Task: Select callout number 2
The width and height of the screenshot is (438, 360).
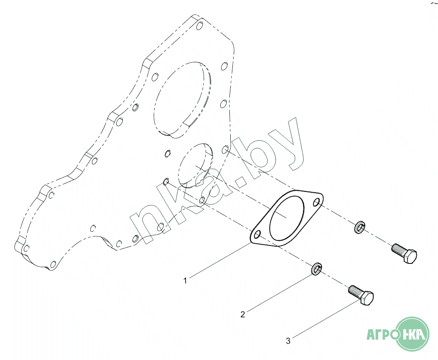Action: coord(243,314)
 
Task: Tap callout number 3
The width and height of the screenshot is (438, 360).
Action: coord(288,341)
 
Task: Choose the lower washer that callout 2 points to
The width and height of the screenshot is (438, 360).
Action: coord(316,269)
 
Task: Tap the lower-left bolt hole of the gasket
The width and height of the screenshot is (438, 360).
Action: coord(257,235)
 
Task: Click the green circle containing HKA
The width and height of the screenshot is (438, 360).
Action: coord(413,334)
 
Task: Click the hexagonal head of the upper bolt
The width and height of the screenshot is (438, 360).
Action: coord(410,256)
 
